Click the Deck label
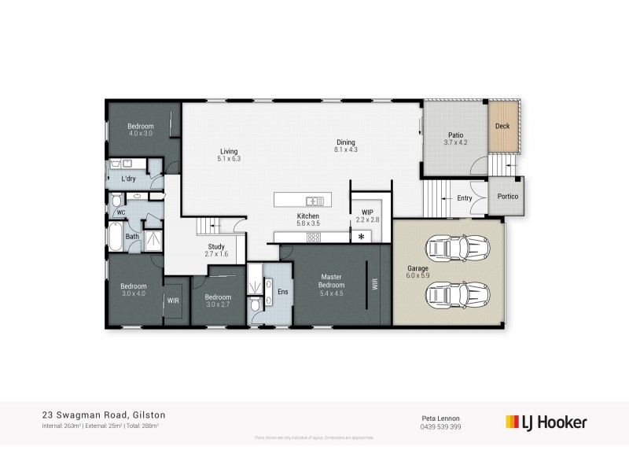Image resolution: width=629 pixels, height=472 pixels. [502, 126]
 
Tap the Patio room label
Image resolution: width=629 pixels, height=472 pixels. [456, 138]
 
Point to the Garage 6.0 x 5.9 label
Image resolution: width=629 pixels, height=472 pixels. [417, 272]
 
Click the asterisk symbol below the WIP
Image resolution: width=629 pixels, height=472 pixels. [362, 237]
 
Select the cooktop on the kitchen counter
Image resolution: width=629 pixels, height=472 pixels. [314, 237]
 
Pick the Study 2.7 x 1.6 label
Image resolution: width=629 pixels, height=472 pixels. [215, 251]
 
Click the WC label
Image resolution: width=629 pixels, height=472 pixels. [122, 213]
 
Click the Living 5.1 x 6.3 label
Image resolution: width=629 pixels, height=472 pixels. [229, 155]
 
